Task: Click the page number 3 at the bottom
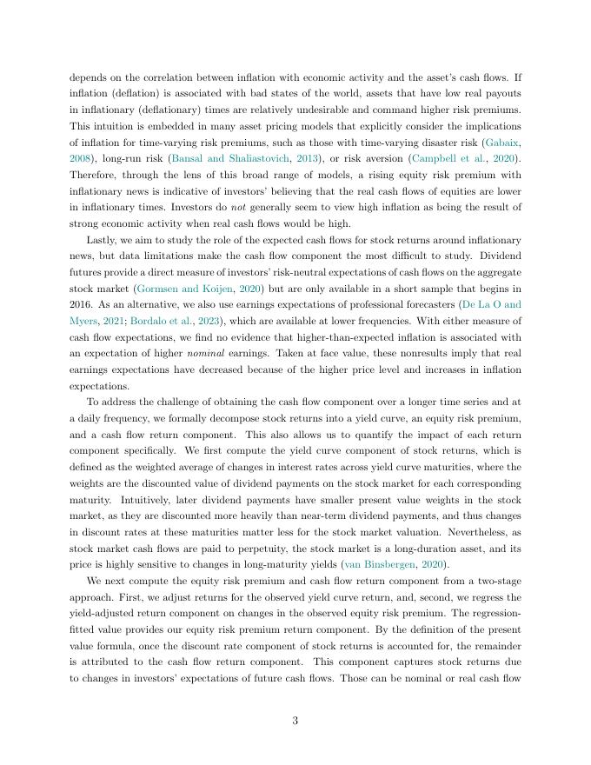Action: (x=295, y=719)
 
